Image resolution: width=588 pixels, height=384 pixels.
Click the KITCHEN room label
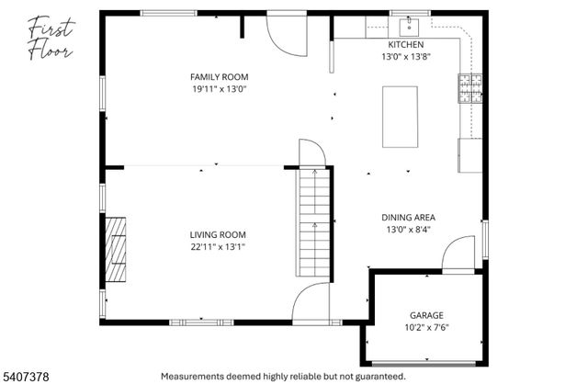[x=405, y=44]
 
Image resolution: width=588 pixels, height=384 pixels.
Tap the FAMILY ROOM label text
[x=219, y=77]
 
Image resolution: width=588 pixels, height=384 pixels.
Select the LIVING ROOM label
[x=218, y=234]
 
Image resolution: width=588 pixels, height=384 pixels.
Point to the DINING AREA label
[x=409, y=218]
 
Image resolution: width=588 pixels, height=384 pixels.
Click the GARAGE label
[x=426, y=313]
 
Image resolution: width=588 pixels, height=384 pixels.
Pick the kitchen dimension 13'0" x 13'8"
[x=405, y=57]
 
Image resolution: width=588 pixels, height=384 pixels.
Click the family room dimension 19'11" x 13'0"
[x=219, y=90]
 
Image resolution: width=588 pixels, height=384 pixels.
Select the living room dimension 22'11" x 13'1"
[x=218, y=247]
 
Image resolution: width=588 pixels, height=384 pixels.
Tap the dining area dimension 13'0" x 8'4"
[x=409, y=231]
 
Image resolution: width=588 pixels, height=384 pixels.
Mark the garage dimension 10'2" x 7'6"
[x=426, y=326]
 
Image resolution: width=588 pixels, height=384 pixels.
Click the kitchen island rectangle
[x=400, y=117]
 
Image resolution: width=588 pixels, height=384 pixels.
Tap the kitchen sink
[x=409, y=25]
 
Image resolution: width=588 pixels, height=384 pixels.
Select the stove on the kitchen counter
[x=469, y=89]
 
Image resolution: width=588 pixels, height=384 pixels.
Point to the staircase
[x=313, y=222]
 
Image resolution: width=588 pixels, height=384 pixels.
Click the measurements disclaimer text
[x=283, y=377]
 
